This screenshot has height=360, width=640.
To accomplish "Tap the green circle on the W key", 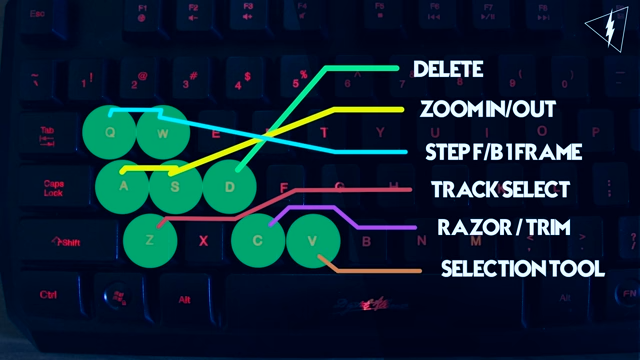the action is click(x=163, y=132).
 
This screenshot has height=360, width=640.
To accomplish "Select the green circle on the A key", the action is click(x=124, y=184).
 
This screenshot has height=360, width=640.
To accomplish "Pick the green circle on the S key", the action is click(x=176, y=184).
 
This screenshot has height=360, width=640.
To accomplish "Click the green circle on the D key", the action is click(x=229, y=184).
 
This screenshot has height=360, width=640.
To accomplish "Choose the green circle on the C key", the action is click(x=258, y=239).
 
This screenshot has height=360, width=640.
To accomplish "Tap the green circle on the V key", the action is click(x=312, y=239).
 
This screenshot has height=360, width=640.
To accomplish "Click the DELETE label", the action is click(x=448, y=70).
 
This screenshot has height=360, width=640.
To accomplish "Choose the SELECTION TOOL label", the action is click(x=522, y=269).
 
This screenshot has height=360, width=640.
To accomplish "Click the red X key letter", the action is click(x=204, y=240).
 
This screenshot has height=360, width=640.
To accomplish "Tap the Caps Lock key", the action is click(x=54, y=187).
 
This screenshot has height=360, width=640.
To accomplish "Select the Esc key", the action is click(x=39, y=15).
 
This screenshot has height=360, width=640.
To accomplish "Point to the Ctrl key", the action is click(x=48, y=295).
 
